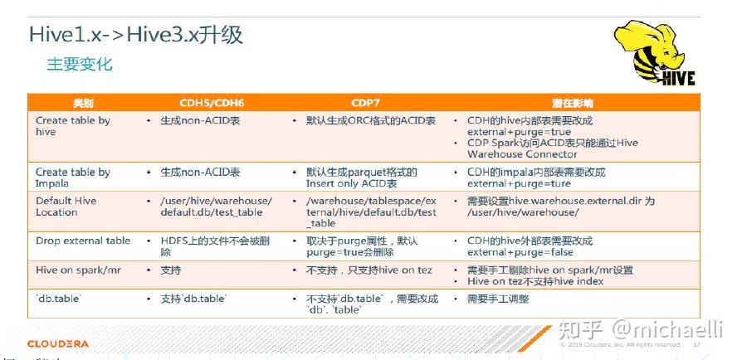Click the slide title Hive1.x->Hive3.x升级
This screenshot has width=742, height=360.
coord(136,36)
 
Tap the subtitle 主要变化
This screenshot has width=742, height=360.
coord(80,65)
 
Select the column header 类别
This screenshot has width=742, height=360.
coord(83,104)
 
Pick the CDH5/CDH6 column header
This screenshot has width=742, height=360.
coord(212,104)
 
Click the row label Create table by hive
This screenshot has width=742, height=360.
coord(73,126)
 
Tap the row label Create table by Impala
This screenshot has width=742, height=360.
coord(73,178)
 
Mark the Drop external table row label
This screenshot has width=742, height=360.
coord(83,241)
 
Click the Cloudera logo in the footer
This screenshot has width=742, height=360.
coord(57,343)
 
